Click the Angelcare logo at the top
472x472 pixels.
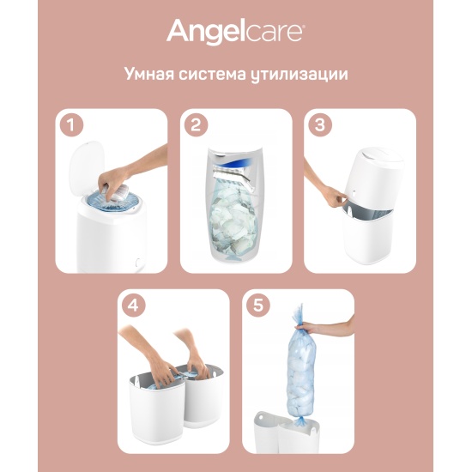pos(236,32)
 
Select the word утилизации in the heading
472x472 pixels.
pos(299,75)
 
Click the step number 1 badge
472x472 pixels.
pos(71,125)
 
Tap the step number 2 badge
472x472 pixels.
pos(196,125)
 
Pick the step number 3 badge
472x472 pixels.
pos(320,125)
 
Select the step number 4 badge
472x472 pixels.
pos(133,306)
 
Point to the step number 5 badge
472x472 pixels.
pos(258,306)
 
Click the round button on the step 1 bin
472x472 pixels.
pos(138,262)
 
